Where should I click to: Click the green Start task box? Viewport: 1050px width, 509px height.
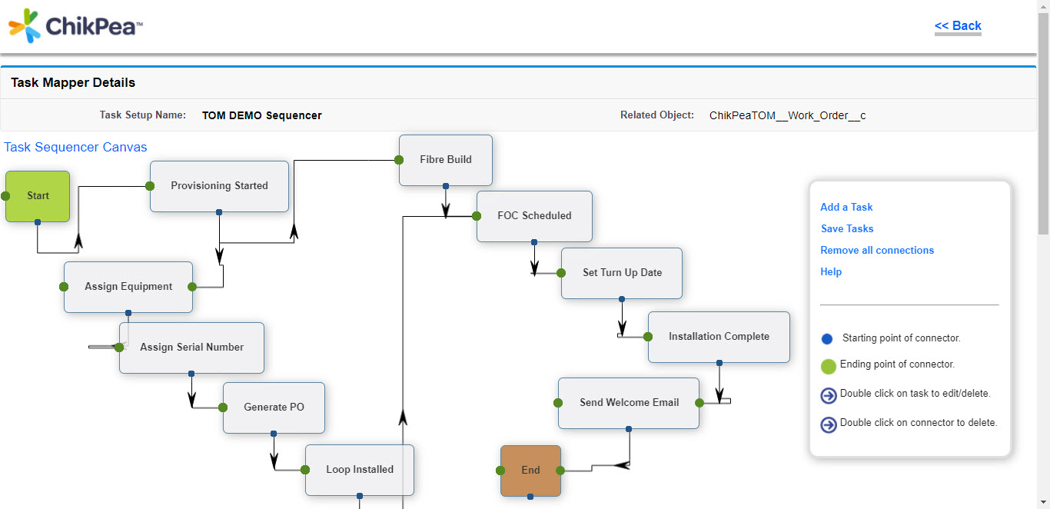pyautogui.click(x=38, y=196)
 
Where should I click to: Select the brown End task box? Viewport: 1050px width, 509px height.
pyautogui.click(x=530, y=471)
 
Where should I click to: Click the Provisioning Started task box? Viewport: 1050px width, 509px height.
pyautogui.click(x=219, y=186)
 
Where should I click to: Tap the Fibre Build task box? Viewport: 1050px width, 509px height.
pyautogui.click(x=446, y=160)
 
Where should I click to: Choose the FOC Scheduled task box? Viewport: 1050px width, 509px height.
pyautogui.click(x=534, y=216)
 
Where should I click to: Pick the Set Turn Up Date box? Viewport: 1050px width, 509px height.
pyautogui.click(x=622, y=273)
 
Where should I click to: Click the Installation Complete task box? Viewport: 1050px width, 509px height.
pyautogui.click(x=719, y=337)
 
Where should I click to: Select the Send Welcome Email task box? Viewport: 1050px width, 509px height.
pyautogui.click(x=629, y=403)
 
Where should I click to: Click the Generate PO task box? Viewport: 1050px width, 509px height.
pyautogui.click(x=274, y=408)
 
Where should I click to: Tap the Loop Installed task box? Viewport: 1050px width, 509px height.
pyautogui.click(x=360, y=470)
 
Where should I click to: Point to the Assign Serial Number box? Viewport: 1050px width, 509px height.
pyautogui.click(x=191, y=348)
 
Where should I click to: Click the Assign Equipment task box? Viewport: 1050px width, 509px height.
pyautogui.click(x=128, y=287)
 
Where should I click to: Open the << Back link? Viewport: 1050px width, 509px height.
pyautogui.click(x=958, y=25)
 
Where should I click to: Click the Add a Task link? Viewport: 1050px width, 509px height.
pyautogui.click(x=846, y=207)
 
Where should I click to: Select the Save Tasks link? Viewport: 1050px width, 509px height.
pyautogui.click(x=847, y=228)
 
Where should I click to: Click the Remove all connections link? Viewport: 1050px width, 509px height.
pyautogui.click(x=877, y=250)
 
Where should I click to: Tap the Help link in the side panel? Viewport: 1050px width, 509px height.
pyautogui.click(x=831, y=271)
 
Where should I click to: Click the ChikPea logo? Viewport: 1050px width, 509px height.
pyautogui.click(x=75, y=26)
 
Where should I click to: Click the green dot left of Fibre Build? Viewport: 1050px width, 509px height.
pyautogui.click(x=399, y=160)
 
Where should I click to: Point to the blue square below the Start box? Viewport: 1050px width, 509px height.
pyautogui.click(x=38, y=222)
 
